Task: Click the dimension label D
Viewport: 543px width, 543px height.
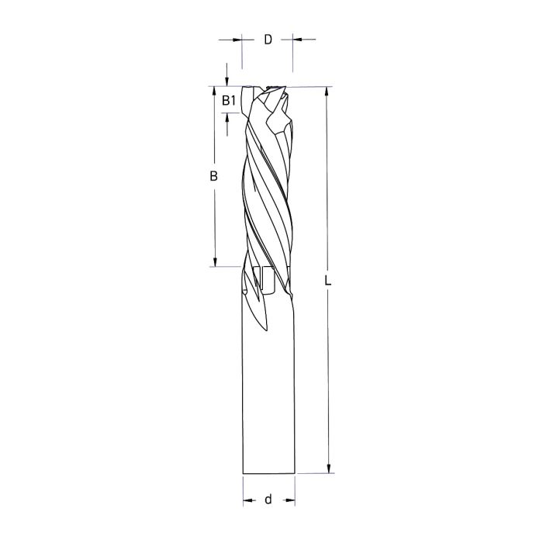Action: pyautogui.click(x=268, y=39)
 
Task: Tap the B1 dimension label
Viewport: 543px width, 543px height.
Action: pyautogui.click(x=228, y=100)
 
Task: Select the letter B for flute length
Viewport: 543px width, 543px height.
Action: pyautogui.click(x=213, y=177)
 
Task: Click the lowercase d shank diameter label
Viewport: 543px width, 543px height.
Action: pyautogui.click(x=268, y=500)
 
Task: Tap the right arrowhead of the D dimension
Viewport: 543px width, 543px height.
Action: pyautogui.click(x=297, y=38)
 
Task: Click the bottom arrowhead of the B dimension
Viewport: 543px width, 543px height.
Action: pyautogui.click(x=213, y=261)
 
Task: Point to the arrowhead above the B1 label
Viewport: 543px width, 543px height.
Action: pyautogui.click(x=227, y=81)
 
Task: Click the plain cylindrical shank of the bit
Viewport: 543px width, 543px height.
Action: pyautogui.click(x=268, y=388)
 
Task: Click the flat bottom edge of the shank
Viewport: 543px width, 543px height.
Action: pyautogui.click(x=268, y=472)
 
